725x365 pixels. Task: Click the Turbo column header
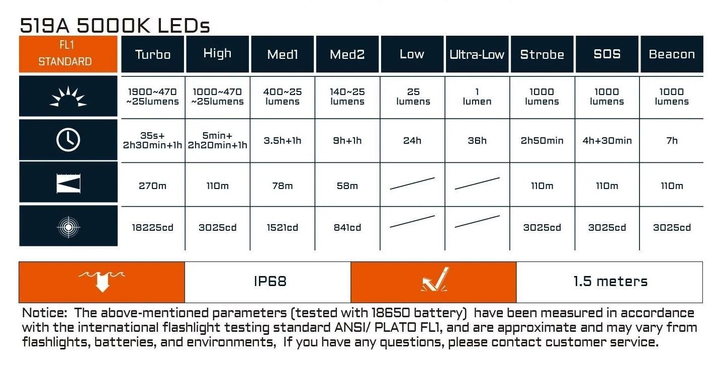[x=152, y=54]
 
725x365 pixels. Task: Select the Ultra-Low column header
[x=477, y=54]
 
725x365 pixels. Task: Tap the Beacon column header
[x=672, y=54]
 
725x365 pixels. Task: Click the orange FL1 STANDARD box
[x=68, y=54]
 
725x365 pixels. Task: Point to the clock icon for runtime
[x=68, y=140]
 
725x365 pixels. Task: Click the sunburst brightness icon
[x=68, y=97]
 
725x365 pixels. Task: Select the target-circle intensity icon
[x=68, y=227]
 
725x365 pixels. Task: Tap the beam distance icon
[x=68, y=184]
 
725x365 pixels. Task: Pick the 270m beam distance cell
[x=152, y=186]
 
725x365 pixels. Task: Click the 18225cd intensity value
[x=152, y=227]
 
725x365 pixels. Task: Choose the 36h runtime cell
[x=477, y=140]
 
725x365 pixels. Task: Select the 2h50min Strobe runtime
[x=542, y=140]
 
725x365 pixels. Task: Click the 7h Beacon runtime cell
[x=672, y=140]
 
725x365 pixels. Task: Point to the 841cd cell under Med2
[x=347, y=227]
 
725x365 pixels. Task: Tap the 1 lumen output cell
[x=477, y=97]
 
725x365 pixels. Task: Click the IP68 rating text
[x=270, y=281]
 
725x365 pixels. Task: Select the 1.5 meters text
[x=610, y=281]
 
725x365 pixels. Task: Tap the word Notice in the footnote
[x=44, y=313]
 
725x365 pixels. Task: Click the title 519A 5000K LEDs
[x=115, y=26]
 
